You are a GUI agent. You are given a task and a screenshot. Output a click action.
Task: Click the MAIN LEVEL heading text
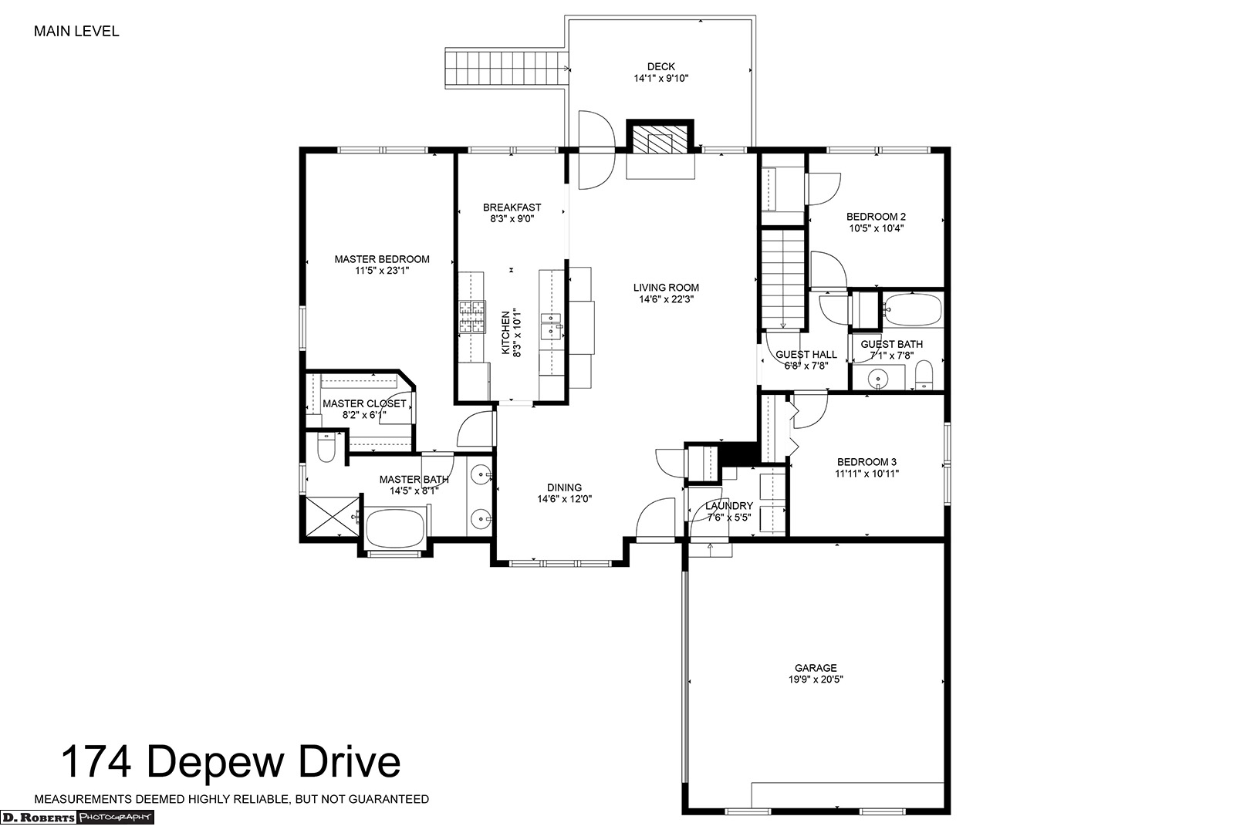(76, 32)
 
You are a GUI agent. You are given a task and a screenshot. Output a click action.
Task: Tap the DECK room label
(661, 67)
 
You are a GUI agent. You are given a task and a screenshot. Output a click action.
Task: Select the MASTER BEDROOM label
(382, 259)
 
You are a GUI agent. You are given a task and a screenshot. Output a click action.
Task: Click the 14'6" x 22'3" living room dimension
(667, 299)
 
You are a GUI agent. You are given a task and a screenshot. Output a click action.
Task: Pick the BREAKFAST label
(512, 207)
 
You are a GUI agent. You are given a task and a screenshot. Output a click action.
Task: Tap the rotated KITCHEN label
(505, 332)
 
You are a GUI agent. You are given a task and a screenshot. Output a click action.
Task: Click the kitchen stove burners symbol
(471, 317)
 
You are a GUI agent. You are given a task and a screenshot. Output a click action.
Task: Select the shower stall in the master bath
(332, 517)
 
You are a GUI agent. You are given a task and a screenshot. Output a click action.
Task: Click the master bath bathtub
(396, 528)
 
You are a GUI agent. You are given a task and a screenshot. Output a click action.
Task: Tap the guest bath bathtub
(913, 310)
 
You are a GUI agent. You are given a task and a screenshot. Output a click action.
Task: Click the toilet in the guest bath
(924, 374)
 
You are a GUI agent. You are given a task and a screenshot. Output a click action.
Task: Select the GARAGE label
(816, 668)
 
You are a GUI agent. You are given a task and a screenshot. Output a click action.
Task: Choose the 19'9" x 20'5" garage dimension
(816, 680)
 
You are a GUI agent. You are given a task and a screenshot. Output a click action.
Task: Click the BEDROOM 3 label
(867, 462)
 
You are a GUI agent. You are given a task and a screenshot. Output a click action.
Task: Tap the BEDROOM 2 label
(876, 217)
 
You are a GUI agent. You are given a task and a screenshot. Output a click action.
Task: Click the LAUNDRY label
(729, 506)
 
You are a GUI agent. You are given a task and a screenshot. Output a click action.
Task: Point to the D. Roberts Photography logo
(77, 818)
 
